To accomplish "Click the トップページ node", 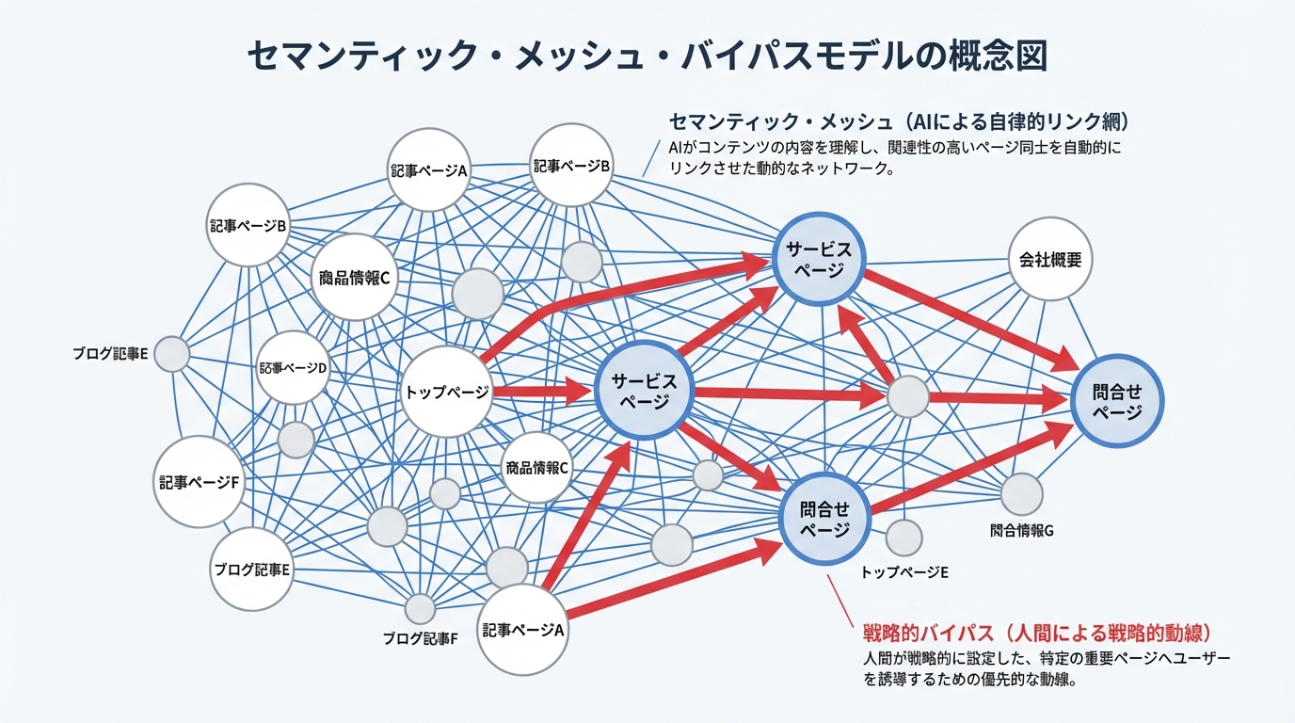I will (x=446, y=392).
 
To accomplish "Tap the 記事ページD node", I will (x=293, y=368).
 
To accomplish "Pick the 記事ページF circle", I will (x=200, y=481).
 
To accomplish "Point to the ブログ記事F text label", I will (x=420, y=638).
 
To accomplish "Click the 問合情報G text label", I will (x=1021, y=530).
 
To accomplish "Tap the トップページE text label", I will (x=904, y=571).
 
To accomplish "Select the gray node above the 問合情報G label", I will (x=1022, y=494).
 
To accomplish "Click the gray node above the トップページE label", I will (x=904, y=537).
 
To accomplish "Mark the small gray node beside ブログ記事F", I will (x=420, y=607).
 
